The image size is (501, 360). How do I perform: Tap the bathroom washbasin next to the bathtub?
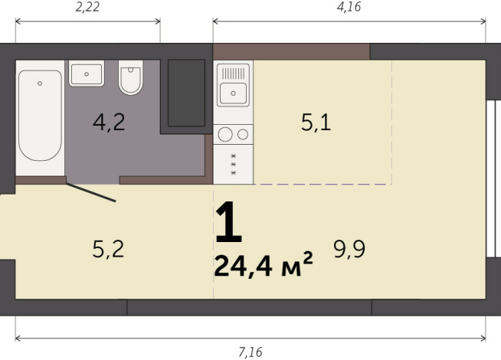click(x=87, y=74)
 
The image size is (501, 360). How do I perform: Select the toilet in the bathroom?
click(x=131, y=78)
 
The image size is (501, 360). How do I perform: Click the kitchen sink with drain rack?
click(x=234, y=84)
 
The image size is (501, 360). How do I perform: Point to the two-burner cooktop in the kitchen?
click(x=234, y=134)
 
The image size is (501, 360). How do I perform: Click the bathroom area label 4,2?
click(x=109, y=123)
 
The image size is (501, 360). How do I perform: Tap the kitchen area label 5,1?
click(x=316, y=123)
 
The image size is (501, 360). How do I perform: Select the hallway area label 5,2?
click(x=107, y=248)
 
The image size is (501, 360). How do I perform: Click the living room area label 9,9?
click(x=349, y=248)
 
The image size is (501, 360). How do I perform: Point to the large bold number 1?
click(x=228, y=224)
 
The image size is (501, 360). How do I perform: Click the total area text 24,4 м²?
click(x=264, y=266)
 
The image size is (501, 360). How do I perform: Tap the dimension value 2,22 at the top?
click(x=87, y=8)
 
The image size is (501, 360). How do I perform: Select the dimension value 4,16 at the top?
click(x=348, y=8)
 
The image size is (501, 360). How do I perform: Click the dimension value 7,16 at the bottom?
click(x=250, y=352)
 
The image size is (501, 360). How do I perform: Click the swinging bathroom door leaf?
click(x=90, y=191)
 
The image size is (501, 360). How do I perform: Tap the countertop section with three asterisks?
click(x=234, y=165)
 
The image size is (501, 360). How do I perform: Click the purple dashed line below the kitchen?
click(x=322, y=185)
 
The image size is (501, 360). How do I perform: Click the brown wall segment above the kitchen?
click(x=291, y=51)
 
